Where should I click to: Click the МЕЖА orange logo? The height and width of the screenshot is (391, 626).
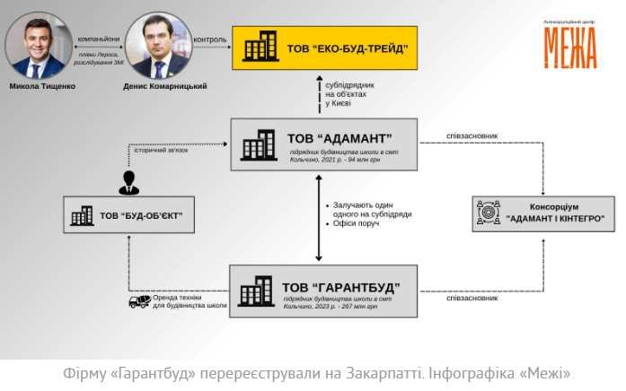point(569,46)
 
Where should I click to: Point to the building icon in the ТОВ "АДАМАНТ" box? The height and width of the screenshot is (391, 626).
point(259,145)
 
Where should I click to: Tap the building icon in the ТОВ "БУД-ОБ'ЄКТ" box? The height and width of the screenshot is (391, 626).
point(83,215)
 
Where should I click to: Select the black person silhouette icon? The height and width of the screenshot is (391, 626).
point(129,182)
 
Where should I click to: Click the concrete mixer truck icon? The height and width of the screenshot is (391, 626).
point(139,301)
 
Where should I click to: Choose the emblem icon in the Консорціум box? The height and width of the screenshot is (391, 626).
point(489,212)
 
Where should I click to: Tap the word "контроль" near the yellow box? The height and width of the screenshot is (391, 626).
point(210,39)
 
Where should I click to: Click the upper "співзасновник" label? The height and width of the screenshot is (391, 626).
point(472,136)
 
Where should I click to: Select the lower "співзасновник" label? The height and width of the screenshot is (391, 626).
point(472,298)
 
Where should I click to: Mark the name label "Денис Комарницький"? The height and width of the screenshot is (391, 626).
point(166,87)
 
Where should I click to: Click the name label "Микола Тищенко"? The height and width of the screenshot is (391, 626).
point(42,87)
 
